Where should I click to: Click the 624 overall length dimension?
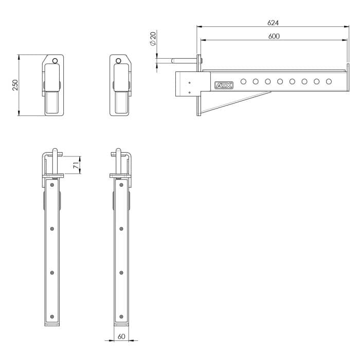[274, 23]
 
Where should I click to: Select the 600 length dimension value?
[274, 37]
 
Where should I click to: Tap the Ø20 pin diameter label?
[153, 39]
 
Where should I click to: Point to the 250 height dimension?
[15, 85]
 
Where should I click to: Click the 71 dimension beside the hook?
[75, 165]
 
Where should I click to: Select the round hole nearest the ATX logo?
[243, 81]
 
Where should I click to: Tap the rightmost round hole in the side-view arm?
[329, 81]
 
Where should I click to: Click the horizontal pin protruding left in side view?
[177, 60]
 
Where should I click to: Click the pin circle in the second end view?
[118, 61]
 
